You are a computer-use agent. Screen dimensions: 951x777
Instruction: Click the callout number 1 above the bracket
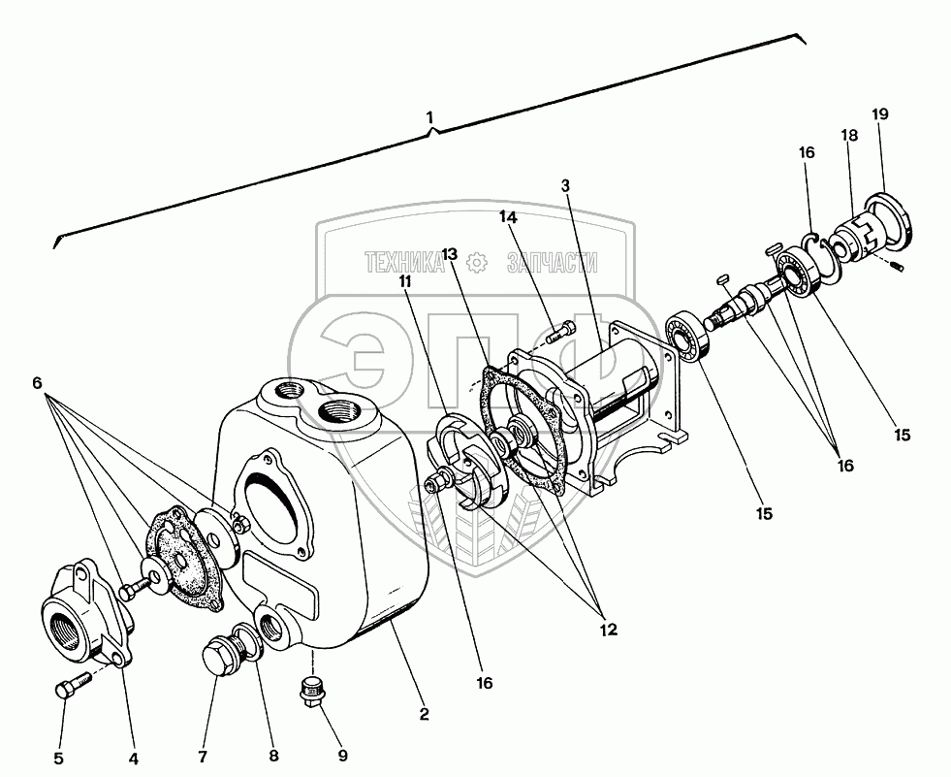430,117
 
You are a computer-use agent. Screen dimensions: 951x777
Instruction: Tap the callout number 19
880,114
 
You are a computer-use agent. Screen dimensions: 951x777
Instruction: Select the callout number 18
850,136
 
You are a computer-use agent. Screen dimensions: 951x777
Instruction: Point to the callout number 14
508,216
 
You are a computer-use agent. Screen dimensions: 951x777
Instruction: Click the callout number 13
450,253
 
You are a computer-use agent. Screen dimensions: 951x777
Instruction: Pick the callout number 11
405,281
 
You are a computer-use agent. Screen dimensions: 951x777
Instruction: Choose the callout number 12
609,630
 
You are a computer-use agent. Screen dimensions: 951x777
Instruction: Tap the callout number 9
342,756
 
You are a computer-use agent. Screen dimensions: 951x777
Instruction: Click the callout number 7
203,757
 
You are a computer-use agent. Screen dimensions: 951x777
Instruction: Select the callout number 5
59,759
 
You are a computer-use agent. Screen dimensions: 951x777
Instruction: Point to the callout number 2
424,714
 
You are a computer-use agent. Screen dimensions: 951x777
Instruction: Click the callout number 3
565,185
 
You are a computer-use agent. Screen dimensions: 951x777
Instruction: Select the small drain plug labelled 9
310,693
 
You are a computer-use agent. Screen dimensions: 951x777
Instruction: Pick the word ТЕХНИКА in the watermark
404,263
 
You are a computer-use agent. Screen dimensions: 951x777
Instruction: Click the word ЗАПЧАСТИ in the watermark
552,263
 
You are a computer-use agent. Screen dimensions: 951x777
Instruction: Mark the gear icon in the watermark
477,263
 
